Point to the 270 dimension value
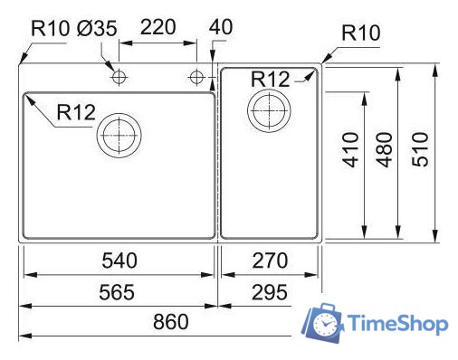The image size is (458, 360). [x=270, y=261]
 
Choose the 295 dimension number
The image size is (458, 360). [x=270, y=292]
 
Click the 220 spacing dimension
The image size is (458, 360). [x=157, y=27]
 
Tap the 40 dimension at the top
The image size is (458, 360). [x=221, y=27]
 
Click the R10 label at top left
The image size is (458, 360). [x=49, y=27]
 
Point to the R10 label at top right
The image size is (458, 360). [x=361, y=35]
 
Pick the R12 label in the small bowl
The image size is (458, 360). [x=272, y=80]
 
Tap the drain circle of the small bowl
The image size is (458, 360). [x=268, y=112]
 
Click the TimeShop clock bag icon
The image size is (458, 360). [x=324, y=323]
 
